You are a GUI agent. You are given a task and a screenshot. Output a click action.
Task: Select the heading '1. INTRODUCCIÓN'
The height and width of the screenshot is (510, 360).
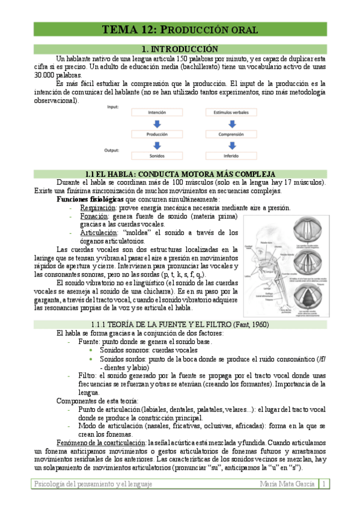pos(178,48)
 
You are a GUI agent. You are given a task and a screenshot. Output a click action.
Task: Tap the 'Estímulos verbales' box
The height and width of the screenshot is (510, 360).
pos(230,112)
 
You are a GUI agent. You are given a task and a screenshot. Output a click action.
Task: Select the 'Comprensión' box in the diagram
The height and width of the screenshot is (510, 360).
pos(230,135)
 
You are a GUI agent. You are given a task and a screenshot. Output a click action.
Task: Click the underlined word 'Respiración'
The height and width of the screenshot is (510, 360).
pos(97,207)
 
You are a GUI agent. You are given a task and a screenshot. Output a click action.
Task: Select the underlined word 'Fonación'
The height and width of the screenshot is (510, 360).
pos(93,215)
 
